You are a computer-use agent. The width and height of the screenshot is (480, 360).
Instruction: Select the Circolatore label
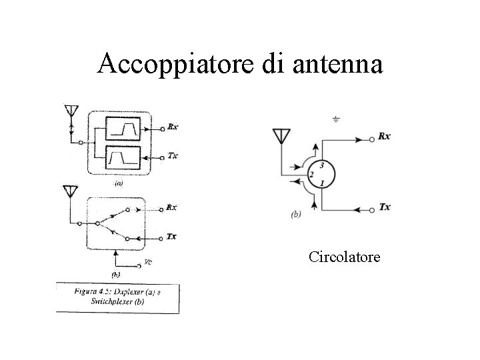pos(345,256)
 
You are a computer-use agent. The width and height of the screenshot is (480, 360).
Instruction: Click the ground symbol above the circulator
pos(336,119)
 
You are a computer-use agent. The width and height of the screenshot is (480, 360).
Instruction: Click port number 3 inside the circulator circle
pos(322,165)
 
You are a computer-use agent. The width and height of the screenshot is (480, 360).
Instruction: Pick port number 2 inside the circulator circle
pos(311,175)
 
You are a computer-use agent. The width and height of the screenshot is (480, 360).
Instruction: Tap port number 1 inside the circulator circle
pos(322,183)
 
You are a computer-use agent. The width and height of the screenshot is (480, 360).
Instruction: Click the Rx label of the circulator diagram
pos(385,137)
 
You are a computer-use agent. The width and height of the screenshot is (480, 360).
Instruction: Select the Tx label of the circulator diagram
pos(385,207)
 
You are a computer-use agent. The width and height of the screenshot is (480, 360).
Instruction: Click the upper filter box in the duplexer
pos(123,128)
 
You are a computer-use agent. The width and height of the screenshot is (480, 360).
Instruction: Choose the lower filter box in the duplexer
pos(123,157)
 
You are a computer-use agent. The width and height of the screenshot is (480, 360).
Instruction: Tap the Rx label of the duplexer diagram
pos(173,126)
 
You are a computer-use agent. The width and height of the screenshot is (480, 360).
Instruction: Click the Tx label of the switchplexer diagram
pos(172,237)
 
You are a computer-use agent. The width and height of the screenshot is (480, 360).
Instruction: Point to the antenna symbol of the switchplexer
pos(69,192)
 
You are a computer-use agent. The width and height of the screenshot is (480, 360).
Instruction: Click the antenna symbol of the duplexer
pos(69,111)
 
